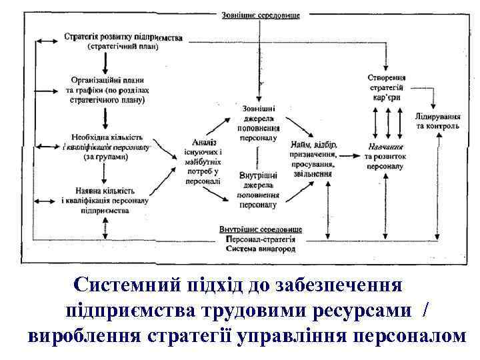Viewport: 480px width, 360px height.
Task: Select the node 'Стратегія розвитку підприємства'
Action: [123, 39]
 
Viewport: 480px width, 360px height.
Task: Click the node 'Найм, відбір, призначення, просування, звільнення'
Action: [314, 159]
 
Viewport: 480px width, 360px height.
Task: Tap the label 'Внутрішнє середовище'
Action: [261, 229]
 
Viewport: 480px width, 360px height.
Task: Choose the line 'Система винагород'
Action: [261, 248]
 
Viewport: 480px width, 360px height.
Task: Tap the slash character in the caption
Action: [427, 311]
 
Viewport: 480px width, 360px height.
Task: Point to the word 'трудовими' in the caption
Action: [274, 311]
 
